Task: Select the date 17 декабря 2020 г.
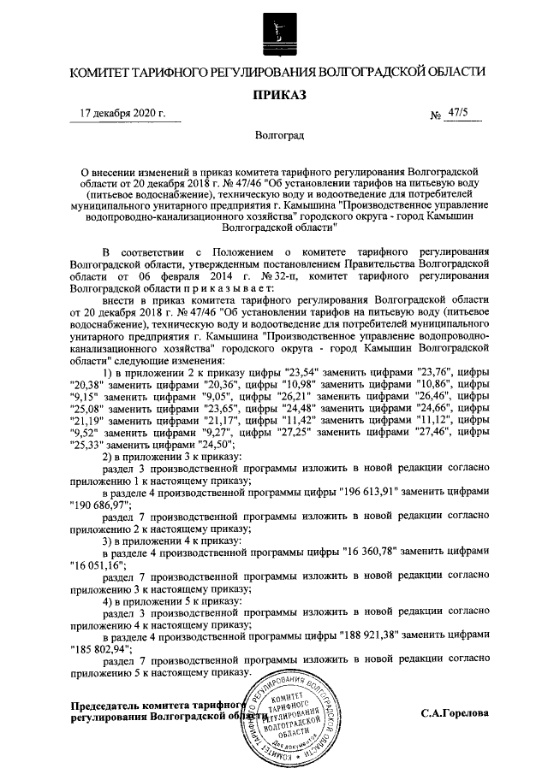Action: [x=122, y=113]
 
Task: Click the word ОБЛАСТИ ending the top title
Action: [x=450, y=72]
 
